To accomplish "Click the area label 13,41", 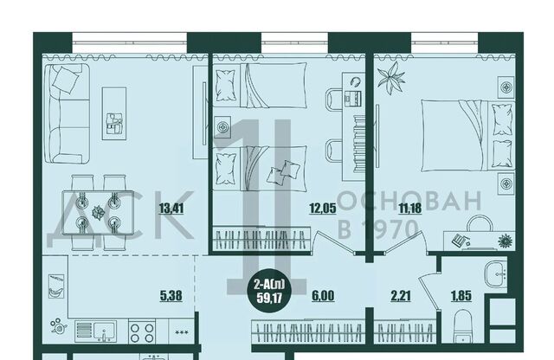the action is click(171, 208).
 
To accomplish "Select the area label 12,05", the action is click(323, 208).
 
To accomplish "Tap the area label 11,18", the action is click(409, 208).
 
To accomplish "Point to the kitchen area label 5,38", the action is click(171, 295).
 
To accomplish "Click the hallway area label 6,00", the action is click(323, 295).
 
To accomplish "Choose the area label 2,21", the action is click(401, 295).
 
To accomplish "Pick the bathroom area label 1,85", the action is click(461, 295).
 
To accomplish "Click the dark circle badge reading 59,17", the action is click(269, 291).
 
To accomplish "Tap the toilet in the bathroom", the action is click(463, 326).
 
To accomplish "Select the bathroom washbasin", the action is click(496, 274).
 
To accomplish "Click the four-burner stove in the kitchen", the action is click(142, 332).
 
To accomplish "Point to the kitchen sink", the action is click(96, 331).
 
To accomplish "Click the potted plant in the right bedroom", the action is click(390, 78).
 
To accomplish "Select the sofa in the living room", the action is click(68, 113).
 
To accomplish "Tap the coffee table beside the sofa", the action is click(114, 113).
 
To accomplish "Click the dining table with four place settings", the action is click(98, 212).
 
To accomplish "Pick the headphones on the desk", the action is click(356, 82).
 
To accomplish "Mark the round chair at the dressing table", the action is click(480, 223).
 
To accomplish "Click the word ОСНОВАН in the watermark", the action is click(409, 201).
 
